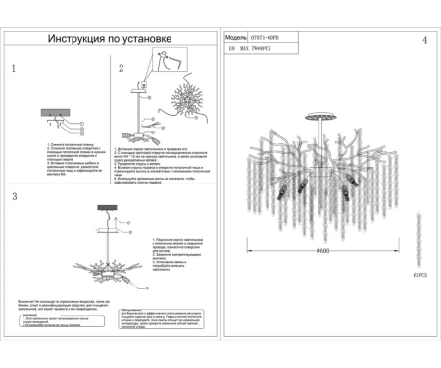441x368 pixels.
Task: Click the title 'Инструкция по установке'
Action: click(109, 41)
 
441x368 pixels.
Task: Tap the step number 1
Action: click(13, 70)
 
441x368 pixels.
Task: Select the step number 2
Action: click(122, 70)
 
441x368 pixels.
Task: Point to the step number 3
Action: click(14, 197)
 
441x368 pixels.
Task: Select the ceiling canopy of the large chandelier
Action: click(320, 116)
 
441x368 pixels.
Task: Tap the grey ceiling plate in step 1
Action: click(55, 113)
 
